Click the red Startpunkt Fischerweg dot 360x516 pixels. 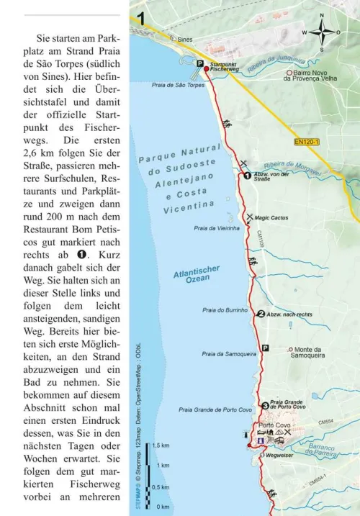click(205, 68)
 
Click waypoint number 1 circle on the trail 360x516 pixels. click(246, 175)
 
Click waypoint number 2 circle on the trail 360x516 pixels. click(261, 313)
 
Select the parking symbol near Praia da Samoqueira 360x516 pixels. click(265, 348)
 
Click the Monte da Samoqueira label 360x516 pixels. click(310, 352)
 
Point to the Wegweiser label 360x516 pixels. click(278, 455)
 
